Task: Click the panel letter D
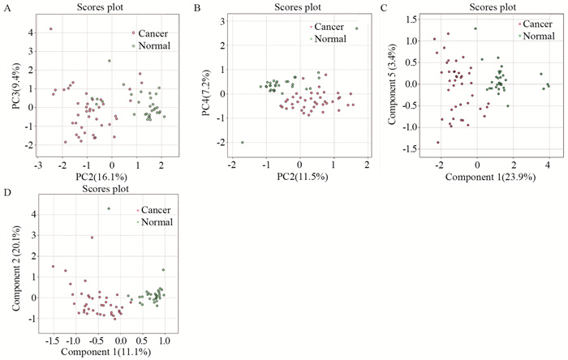6,195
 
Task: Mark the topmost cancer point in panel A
51,29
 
